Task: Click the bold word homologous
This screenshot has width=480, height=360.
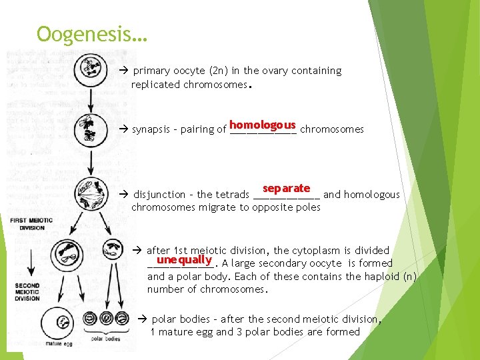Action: pyautogui.click(x=262, y=125)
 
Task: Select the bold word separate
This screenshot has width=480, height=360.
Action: pyautogui.click(x=286, y=189)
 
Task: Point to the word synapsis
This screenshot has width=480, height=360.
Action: pyautogui.click(x=155, y=129)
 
